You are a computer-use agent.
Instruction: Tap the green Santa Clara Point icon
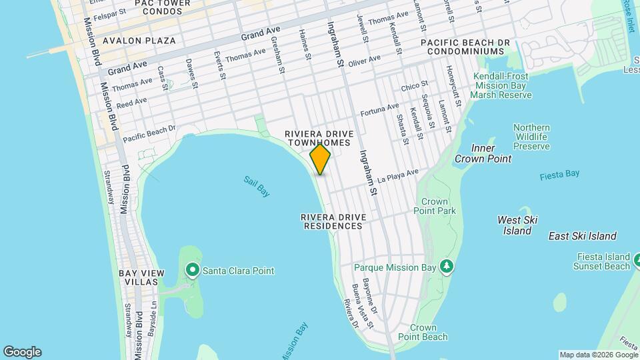(193, 270)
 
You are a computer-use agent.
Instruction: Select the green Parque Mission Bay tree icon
(447, 267)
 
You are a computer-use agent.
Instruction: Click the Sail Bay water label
(256, 186)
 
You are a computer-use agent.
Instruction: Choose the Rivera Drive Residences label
(331, 221)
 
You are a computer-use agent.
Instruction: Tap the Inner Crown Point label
(483, 153)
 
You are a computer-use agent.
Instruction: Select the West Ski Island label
(517, 225)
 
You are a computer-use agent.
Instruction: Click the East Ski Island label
(582, 236)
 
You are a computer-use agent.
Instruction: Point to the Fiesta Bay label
(559, 174)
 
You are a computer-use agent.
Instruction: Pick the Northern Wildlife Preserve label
(531, 137)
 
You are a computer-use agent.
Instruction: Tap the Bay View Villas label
(139, 277)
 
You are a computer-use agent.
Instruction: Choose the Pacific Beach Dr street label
(149, 133)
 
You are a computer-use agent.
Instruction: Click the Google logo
(22, 352)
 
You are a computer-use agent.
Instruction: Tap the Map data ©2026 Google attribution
(598, 355)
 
